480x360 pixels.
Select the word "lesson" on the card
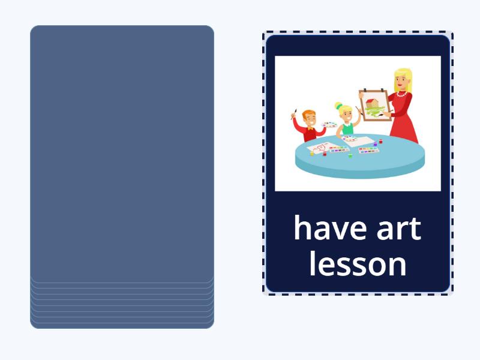pos(358,265)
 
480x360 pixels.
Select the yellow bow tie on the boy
pos(310,128)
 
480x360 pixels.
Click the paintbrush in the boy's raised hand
pos(294,113)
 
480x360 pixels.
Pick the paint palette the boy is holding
pos(329,125)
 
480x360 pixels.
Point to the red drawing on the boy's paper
pos(320,147)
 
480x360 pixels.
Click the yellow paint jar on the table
pos(312,153)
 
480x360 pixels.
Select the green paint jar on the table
pos(350,155)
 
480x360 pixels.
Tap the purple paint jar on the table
pos(375,143)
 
